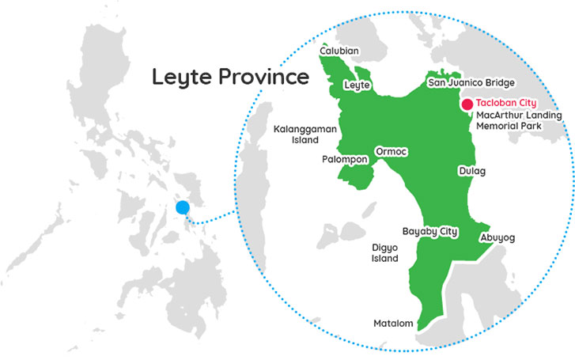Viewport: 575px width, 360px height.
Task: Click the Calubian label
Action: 339,51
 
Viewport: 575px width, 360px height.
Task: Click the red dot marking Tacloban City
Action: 467,104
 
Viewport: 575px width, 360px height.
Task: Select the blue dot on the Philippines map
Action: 183,208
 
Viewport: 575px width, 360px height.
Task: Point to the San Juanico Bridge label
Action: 471,82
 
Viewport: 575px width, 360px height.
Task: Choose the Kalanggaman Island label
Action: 296,133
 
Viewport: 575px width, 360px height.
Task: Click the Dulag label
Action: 471,171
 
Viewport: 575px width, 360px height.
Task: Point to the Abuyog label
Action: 497,237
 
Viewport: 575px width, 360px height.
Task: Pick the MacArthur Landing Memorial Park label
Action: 519,121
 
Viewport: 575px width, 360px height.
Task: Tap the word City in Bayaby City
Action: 447,231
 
